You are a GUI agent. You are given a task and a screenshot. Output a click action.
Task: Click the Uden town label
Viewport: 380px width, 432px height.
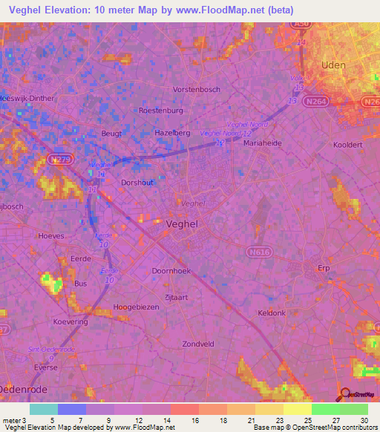(x=333, y=65)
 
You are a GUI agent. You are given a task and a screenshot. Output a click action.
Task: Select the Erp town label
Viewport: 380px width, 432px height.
(x=322, y=269)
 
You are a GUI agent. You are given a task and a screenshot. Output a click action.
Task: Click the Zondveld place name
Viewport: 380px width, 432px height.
(x=198, y=344)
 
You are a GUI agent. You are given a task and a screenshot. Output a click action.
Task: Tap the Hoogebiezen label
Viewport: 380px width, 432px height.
(x=137, y=307)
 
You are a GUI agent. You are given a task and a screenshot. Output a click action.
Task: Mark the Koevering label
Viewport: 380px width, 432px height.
(x=71, y=321)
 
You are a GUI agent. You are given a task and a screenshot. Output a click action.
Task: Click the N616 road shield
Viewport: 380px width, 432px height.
(x=259, y=252)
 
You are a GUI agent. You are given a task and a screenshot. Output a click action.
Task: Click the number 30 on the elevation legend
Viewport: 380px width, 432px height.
(x=363, y=422)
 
